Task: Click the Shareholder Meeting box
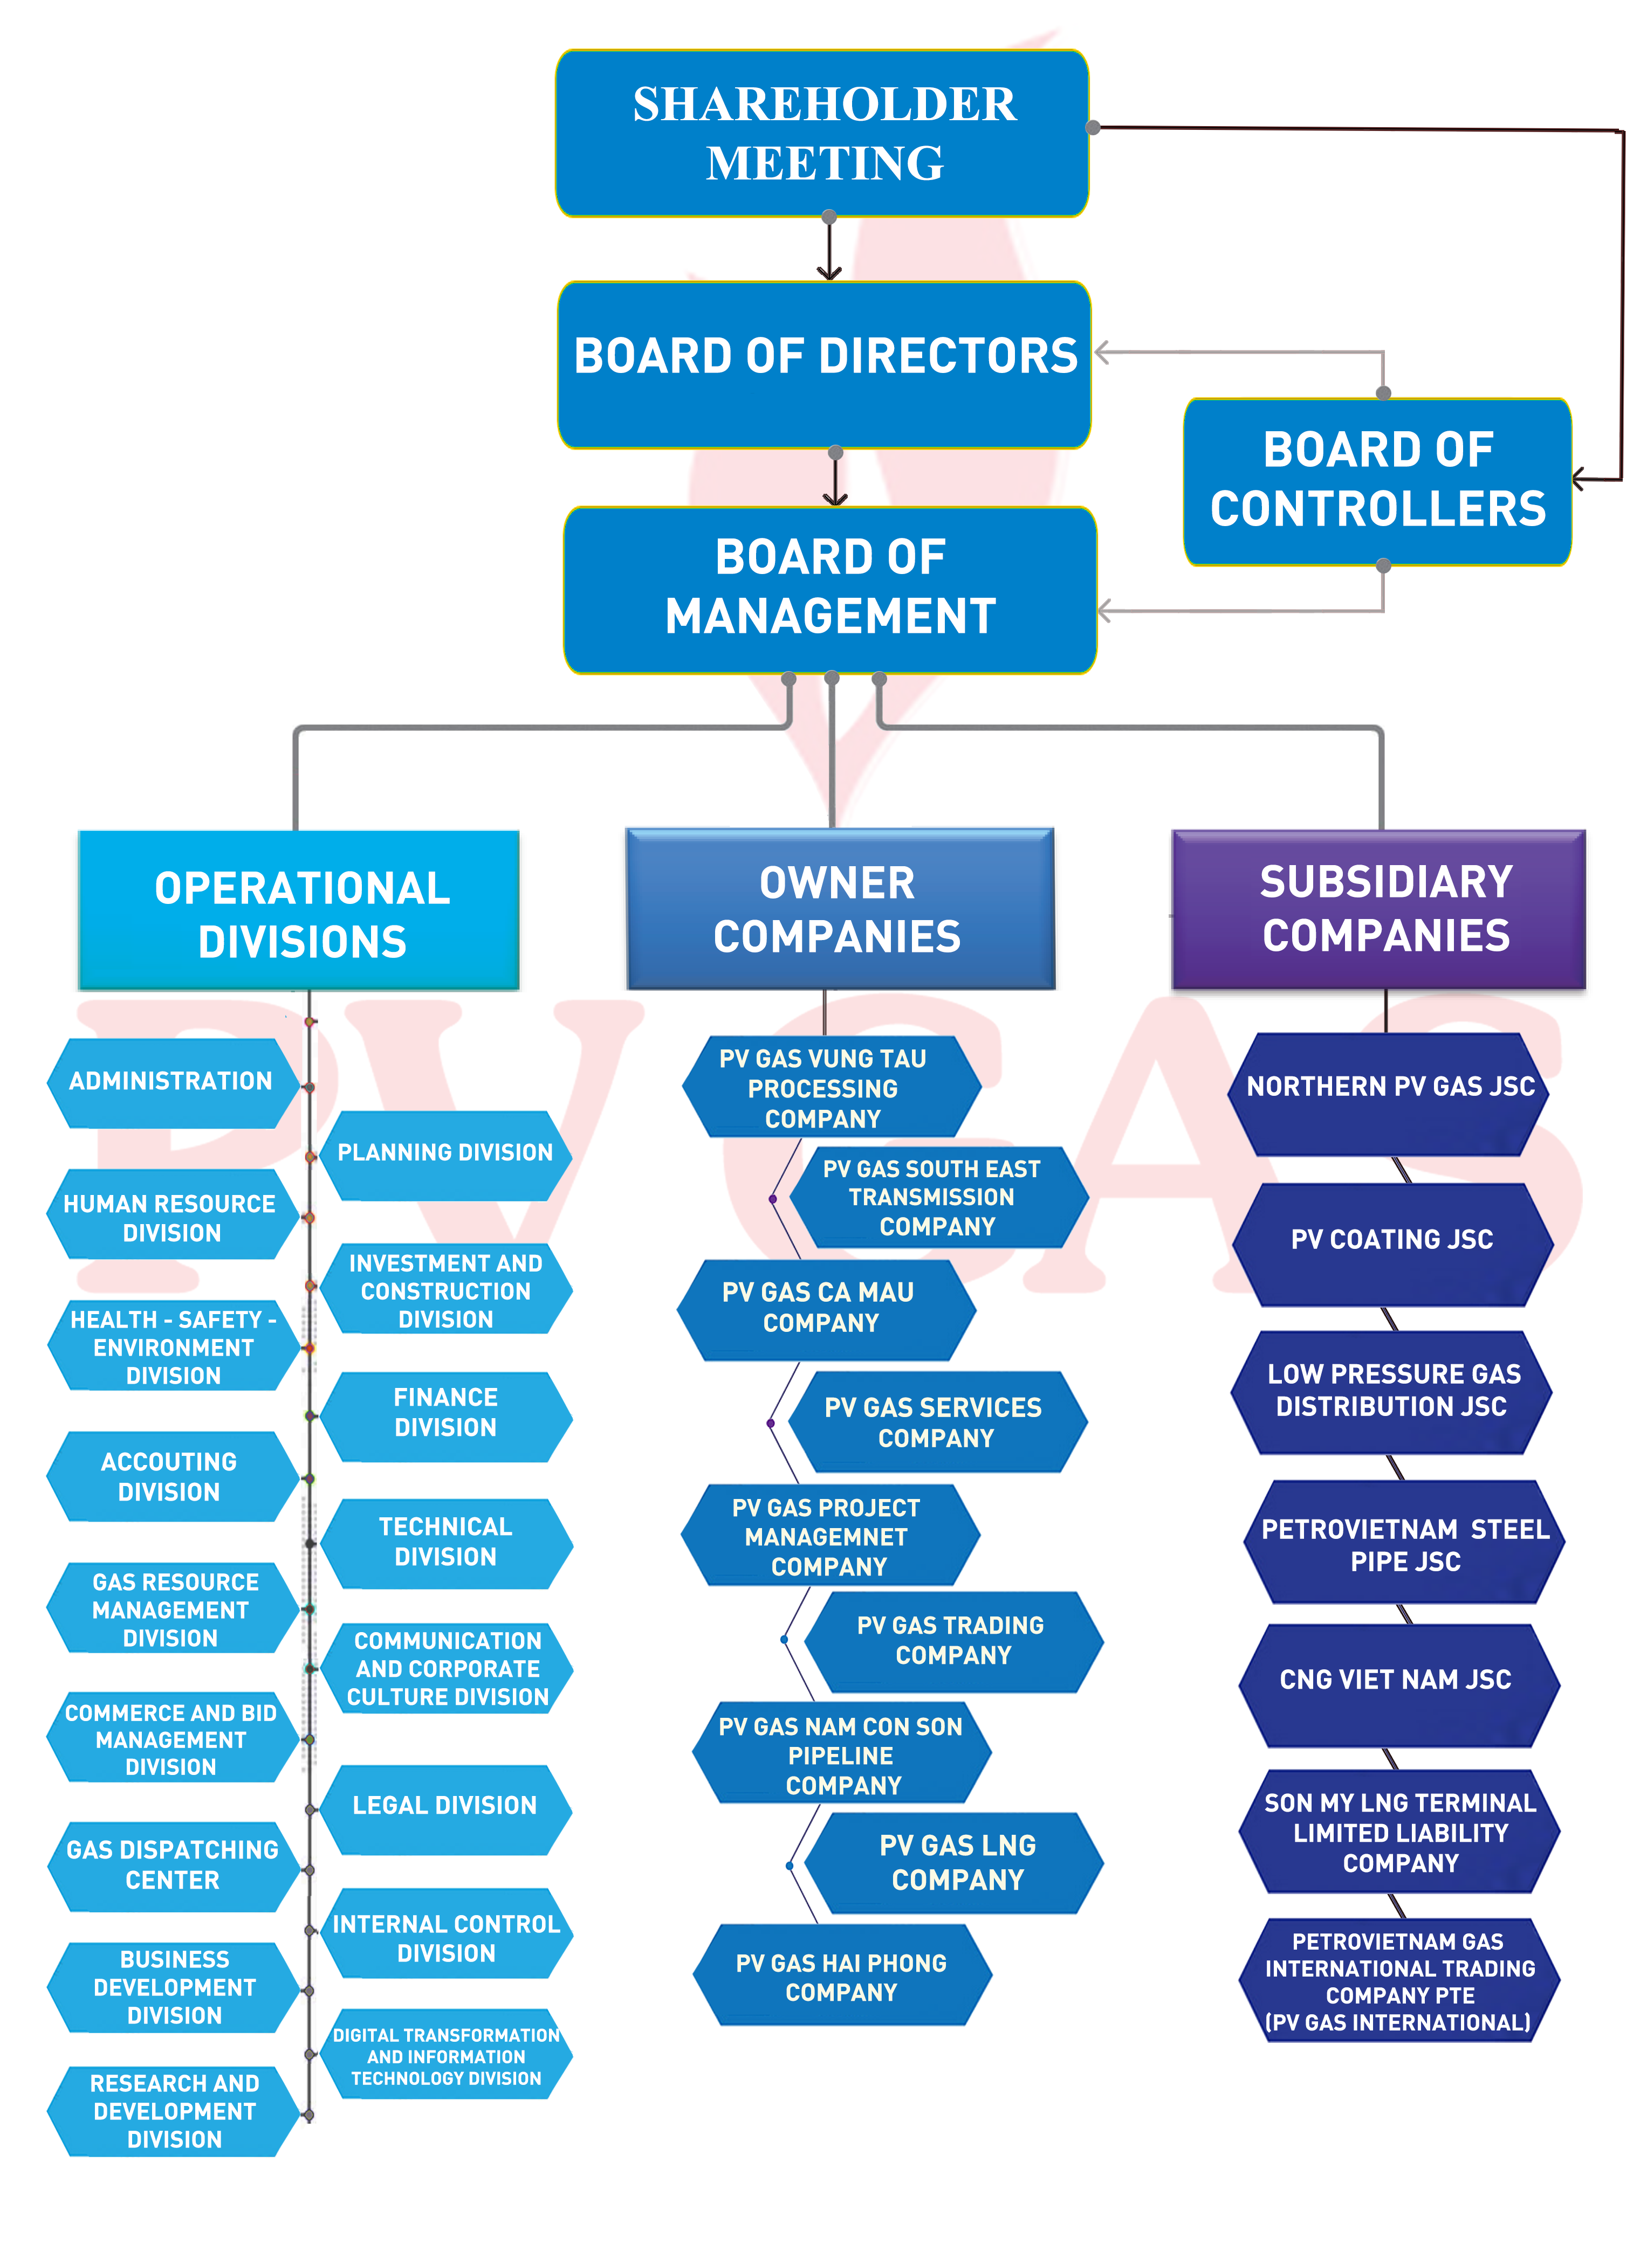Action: point(822,133)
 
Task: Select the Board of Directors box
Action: point(825,365)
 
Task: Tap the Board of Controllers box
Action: point(1377,481)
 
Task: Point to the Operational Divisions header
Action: point(299,910)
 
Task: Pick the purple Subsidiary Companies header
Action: point(1378,909)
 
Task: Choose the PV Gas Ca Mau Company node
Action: point(826,1309)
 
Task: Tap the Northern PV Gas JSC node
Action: point(1389,1094)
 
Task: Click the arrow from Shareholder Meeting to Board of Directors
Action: point(828,248)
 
